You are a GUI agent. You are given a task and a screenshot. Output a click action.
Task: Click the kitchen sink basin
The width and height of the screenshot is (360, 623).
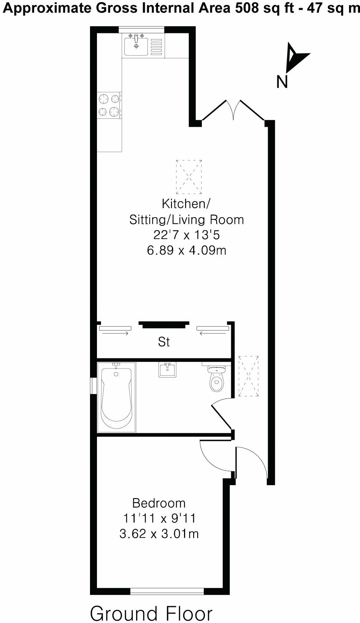pos(136,47)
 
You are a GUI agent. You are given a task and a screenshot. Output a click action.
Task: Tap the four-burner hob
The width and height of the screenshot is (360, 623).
pos(109,105)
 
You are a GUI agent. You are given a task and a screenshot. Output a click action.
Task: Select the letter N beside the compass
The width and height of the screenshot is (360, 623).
pos(282,82)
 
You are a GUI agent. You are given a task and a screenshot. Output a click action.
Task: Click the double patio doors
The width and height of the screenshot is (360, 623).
pos(233,110)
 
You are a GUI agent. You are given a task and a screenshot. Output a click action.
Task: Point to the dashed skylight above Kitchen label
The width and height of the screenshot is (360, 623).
pos(189,177)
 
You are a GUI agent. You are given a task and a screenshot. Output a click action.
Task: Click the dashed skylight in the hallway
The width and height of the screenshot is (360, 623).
pos(248,376)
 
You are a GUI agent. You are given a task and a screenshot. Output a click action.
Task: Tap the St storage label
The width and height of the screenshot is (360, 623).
pos(164,342)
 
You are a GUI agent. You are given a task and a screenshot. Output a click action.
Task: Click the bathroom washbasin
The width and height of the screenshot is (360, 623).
pos(168,370)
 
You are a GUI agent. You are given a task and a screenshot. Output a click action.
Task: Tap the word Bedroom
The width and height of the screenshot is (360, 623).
pos(159,503)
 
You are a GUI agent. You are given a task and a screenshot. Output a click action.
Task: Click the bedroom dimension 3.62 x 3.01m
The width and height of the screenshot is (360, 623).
pos(159,534)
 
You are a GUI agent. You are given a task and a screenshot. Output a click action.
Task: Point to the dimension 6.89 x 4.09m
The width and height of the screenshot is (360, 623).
pos(186,250)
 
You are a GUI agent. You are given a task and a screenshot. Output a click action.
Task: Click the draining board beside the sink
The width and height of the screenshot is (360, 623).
pos(156,47)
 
